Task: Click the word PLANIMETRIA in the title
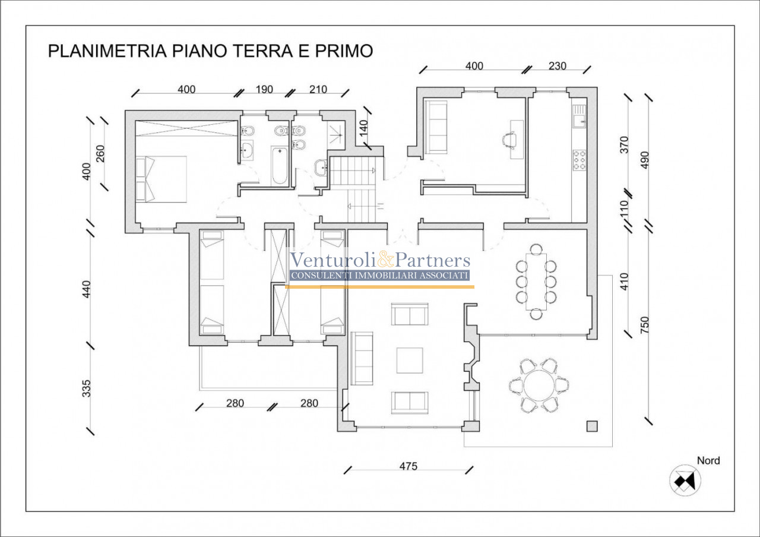pyautogui.click(x=107, y=51)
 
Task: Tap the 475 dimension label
pyautogui.click(x=408, y=466)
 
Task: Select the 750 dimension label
pyautogui.click(x=645, y=325)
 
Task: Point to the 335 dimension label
pyautogui.click(x=87, y=388)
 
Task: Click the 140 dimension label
pyautogui.click(x=363, y=128)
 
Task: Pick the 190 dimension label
pyautogui.click(x=264, y=89)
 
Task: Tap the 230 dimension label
pyautogui.click(x=558, y=66)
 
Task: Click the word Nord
pyautogui.click(x=708, y=460)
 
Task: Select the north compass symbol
pyautogui.click(x=685, y=481)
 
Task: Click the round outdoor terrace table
pyautogui.click(x=539, y=386)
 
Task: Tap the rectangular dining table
pyautogui.click(x=536, y=282)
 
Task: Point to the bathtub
pyautogui.click(x=280, y=166)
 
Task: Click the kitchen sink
pyautogui.click(x=579, y=116)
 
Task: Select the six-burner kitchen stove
pyautogui.click(x=579, y=160)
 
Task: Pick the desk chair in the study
pyautogui.click(x=509, y=140)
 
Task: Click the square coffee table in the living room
pyautogui.click(x=410, y=361)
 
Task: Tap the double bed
pyautogui.click(x=161, y=179)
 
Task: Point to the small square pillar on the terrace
pyautogui.click(x=592, y=427)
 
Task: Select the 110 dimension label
pyautogui.click(x=624, y=209)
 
